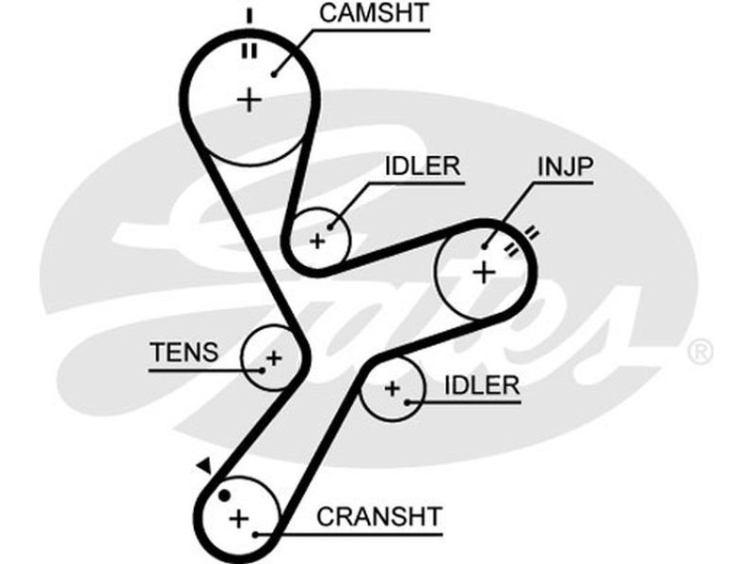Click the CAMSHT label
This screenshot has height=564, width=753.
point(361,13)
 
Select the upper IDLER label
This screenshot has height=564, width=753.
point(423,166)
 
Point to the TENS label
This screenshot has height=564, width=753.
point(184,352)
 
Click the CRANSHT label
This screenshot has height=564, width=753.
point(379,516)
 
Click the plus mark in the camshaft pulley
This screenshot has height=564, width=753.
point(249,99)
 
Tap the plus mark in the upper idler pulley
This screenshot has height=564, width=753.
point(317,240)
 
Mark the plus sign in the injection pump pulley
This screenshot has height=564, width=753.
point(483,273)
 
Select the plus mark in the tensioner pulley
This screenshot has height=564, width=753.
point(273,358)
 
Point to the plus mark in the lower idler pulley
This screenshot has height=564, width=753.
point(392,388)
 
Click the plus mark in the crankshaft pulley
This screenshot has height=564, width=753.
point(239,517)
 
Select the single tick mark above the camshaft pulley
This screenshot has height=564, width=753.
point(249,15)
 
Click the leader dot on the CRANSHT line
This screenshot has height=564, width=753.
point(254,534)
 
